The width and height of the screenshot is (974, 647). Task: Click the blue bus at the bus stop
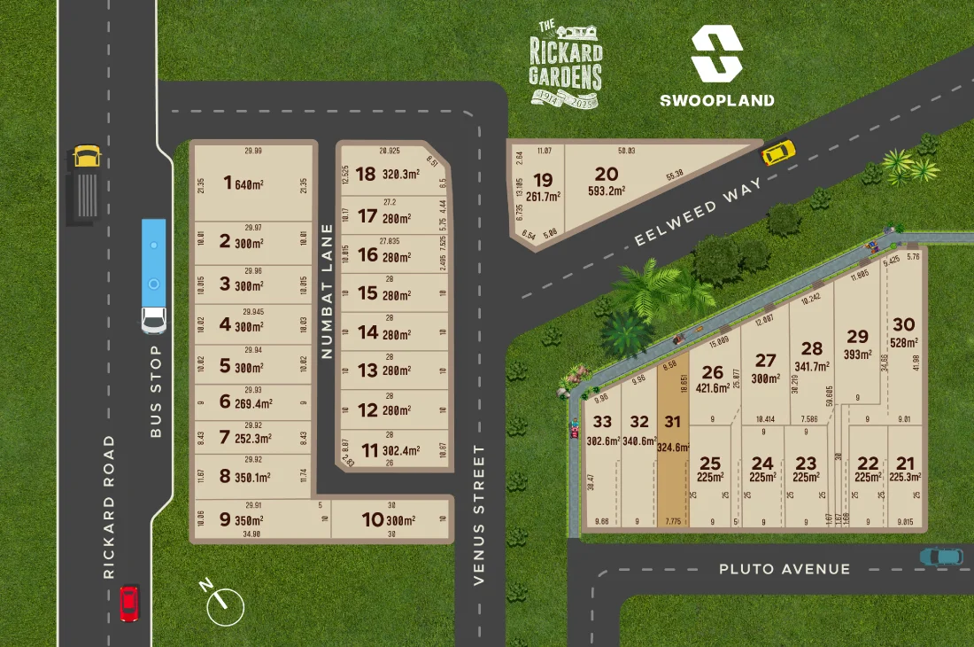(x=154, y=276)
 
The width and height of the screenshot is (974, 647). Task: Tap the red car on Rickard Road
(x=129, y=603)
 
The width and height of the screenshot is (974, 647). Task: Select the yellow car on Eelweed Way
(x=777, y=152)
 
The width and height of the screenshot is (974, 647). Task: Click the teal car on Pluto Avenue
(x=940, y=557)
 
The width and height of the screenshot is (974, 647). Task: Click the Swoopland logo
(x=716, y=66)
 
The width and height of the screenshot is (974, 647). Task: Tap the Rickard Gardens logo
(x=566, y=64)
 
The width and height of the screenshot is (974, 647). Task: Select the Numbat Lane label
(x=326, y=291)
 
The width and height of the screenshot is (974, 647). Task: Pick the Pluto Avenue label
(x=785, y=569)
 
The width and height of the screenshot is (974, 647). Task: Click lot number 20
(x=607, y=174)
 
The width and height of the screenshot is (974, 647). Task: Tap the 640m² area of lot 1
(x=251, y=184)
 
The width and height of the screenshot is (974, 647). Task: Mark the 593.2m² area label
(x=607, y=190)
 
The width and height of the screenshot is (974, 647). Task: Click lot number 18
(x=365, y=175)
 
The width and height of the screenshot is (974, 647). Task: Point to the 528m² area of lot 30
(x=903, y=343)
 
